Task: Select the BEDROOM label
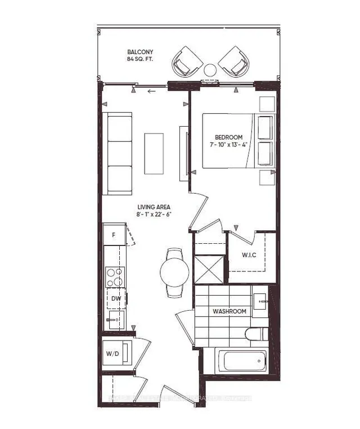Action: click(228, 137)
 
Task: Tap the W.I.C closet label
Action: click(249, 255)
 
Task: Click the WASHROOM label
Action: click(229, 311)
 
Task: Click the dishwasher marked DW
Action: click(115, 298)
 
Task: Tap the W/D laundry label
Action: click(112, 354)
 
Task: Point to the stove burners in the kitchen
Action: click(115, 276)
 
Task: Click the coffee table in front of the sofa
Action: click(154, 153)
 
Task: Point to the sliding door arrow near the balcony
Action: click(150, 92)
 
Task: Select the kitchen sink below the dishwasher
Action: click(114, 321)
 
